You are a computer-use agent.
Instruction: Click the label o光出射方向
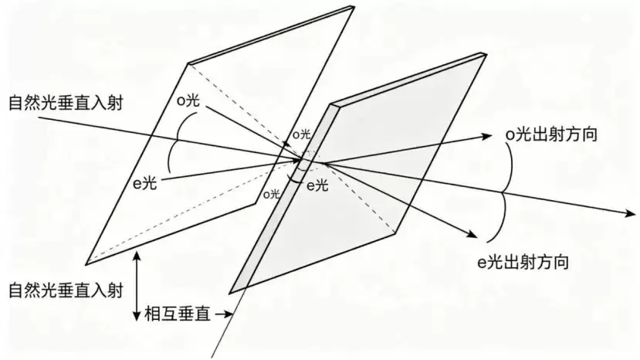(551, 134)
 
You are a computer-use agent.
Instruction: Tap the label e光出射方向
(523, 262)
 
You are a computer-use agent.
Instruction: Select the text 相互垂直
(178, 314)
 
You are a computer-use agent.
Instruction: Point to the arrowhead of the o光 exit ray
(488, 136)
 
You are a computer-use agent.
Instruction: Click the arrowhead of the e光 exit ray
(472, 234)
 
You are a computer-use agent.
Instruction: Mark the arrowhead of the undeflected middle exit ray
(631, 213)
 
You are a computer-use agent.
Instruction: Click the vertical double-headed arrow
(137, 286)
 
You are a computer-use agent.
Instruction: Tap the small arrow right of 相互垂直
(224, 314)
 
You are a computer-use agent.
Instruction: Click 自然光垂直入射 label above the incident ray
(66, 103)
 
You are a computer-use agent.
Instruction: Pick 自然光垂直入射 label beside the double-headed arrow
(66, 291)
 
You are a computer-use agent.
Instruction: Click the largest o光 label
(188, 100)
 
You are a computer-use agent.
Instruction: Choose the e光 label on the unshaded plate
(145, 183)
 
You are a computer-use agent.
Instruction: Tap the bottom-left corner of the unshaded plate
(86, 265)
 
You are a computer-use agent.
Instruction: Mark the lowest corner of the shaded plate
(230, 293)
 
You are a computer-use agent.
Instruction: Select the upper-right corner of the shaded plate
(486, 53)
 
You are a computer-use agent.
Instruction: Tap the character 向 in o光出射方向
(589, 134)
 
